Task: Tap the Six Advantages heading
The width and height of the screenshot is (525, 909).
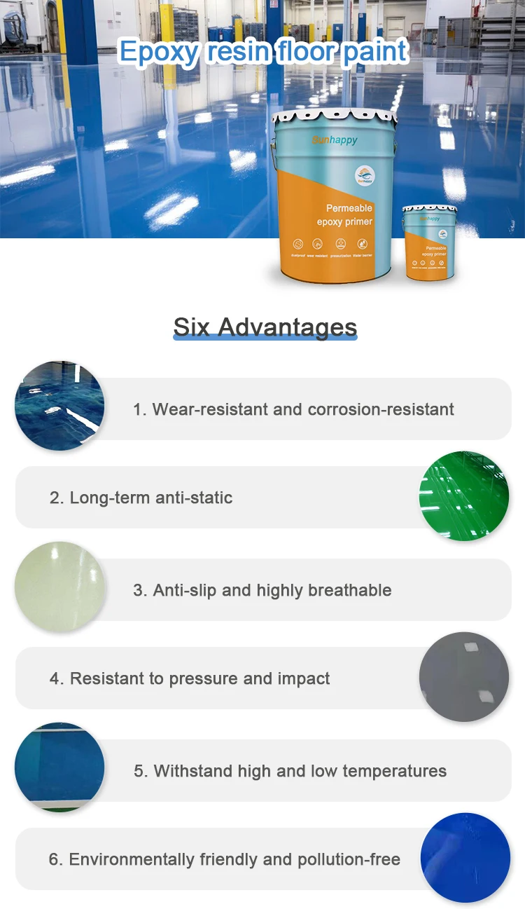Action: coord(265,327)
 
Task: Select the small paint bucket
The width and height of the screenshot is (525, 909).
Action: coord(428,242)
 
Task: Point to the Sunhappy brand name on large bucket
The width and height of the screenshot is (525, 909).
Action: coord(334,140)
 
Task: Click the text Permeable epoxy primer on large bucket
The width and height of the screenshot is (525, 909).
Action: coord(349,215)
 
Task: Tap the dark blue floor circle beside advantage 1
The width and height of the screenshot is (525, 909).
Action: coord(59,406)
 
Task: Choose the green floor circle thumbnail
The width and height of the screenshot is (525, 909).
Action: coord(464,496)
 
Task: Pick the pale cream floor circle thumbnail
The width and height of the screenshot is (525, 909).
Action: coord(59,587)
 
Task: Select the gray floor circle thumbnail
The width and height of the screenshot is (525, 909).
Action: coord(464,677)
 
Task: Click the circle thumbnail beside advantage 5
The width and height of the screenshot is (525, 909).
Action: coord(59,767)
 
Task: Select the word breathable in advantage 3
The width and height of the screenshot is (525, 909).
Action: coord(349,590)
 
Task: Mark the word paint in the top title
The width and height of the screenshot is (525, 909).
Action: coord(374,53)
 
